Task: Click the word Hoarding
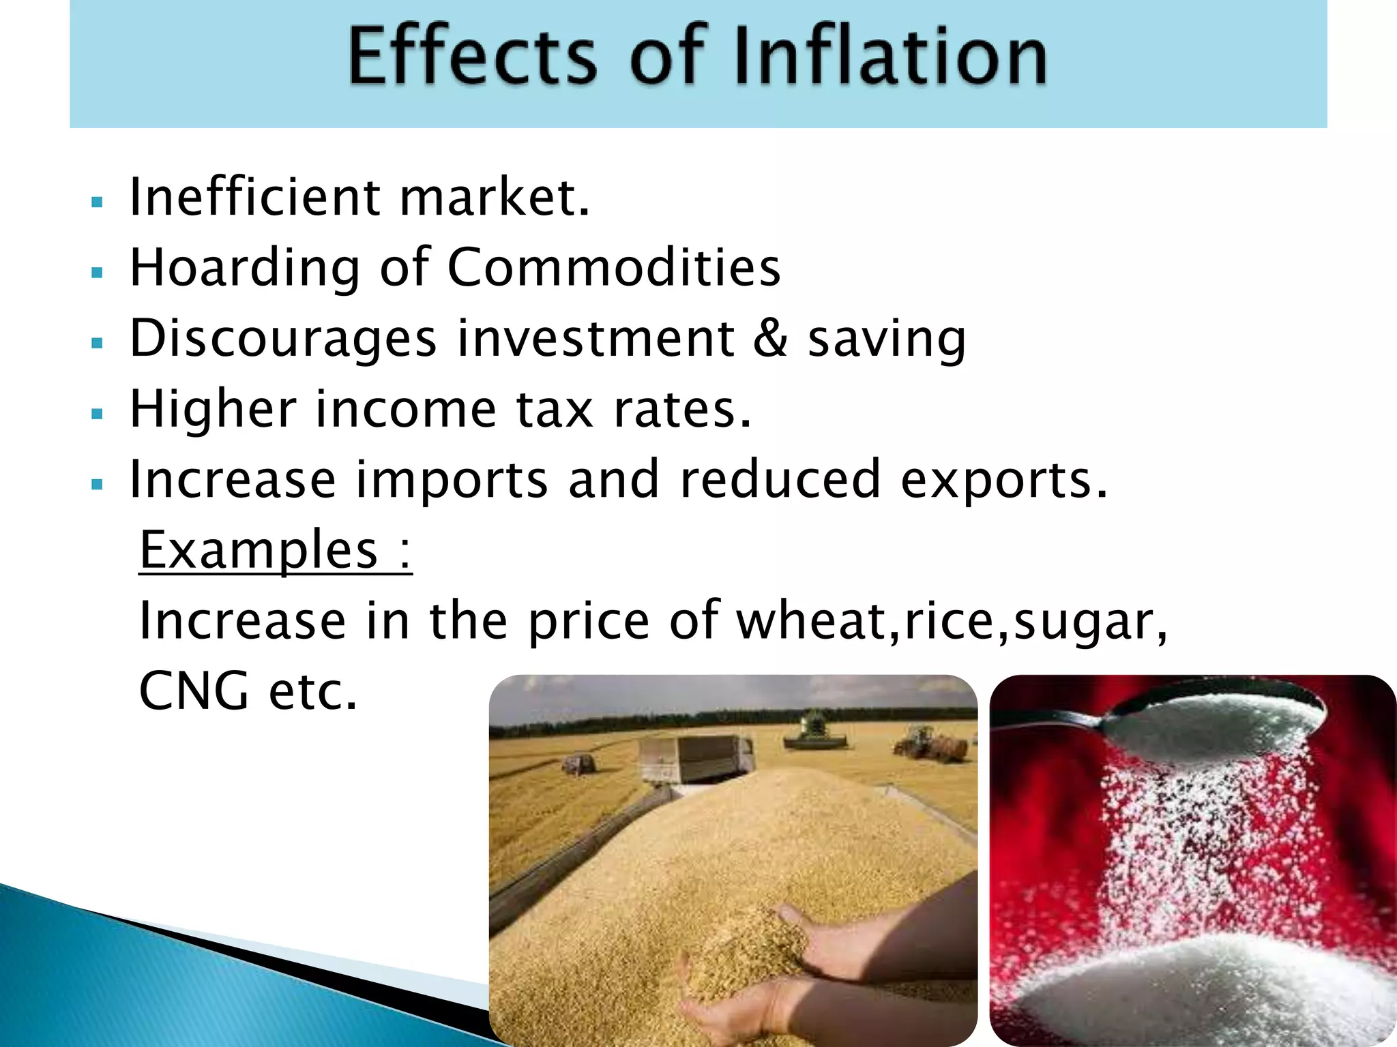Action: click(244, 268)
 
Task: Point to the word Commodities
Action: click(614, 267)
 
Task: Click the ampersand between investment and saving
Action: click(771, 338)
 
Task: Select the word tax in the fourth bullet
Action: click(555, 410)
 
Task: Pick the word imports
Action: click(452, 481)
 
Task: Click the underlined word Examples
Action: click(259, 551)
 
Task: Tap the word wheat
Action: click(818, 621)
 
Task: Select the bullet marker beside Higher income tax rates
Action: click(97, 414)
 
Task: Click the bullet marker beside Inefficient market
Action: click(97, 202)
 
